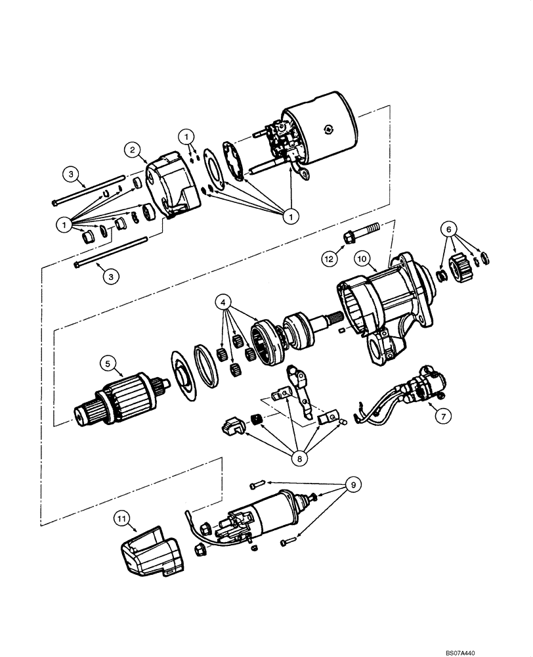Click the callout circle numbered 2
tap(133, 150)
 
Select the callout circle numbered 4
tap(225, 303)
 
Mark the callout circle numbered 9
tap(354, 486)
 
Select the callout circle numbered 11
tap(122, 518)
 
